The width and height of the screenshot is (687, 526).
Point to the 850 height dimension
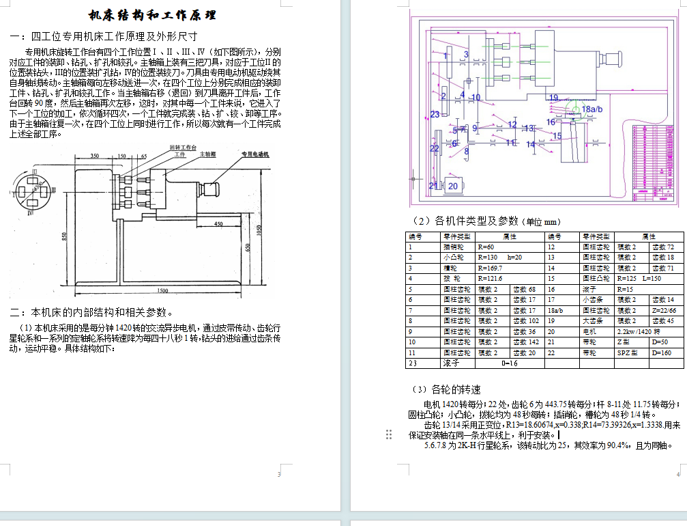click(63, 236)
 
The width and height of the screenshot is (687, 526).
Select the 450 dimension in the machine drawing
click(218, 223)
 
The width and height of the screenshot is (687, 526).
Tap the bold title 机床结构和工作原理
click(152, 15)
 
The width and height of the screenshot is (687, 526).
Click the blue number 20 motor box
click(452, 185)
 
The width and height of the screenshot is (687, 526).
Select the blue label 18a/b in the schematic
click(591, 109)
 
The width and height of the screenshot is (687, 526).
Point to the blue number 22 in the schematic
click(434, 148)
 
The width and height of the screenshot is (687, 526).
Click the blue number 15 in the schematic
click(557, 136)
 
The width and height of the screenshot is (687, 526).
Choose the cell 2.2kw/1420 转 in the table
click(637, 331)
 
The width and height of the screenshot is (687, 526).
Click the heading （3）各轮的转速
click(446, 389)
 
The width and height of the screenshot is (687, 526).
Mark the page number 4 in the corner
click(678, 474)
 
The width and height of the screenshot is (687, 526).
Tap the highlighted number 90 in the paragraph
click(40, 102)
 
